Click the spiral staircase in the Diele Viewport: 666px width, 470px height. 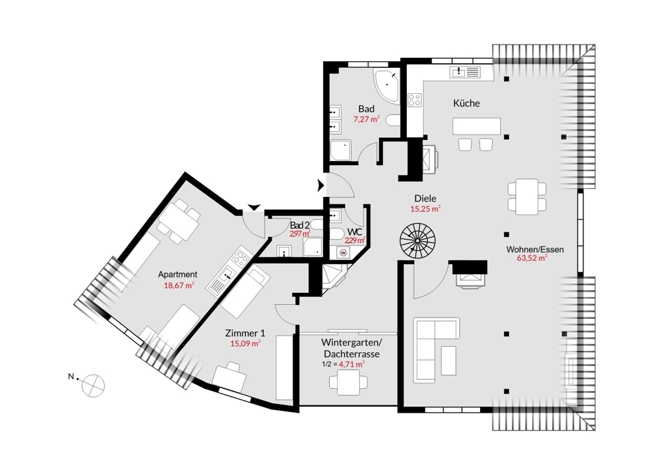point(417,240)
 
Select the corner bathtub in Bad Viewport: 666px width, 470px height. point(386,87)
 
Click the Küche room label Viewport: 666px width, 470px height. point(466,103)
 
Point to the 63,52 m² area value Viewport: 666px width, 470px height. point(531,258)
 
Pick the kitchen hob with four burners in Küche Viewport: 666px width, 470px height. point(414,101)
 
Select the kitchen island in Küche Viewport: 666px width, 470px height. point(477,126)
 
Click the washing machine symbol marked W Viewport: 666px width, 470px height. point(343,252)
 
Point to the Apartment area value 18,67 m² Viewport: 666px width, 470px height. point(178,286)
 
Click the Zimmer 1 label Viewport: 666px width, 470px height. point(245,334)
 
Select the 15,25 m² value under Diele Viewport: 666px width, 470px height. point(425,208)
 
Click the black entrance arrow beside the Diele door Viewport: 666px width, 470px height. point(321,186)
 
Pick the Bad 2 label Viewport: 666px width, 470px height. point(300,225)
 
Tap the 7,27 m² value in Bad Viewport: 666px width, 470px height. point(366,119)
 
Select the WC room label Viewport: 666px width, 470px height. point(355,232)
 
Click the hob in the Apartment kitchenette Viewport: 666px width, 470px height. point(240,257)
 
